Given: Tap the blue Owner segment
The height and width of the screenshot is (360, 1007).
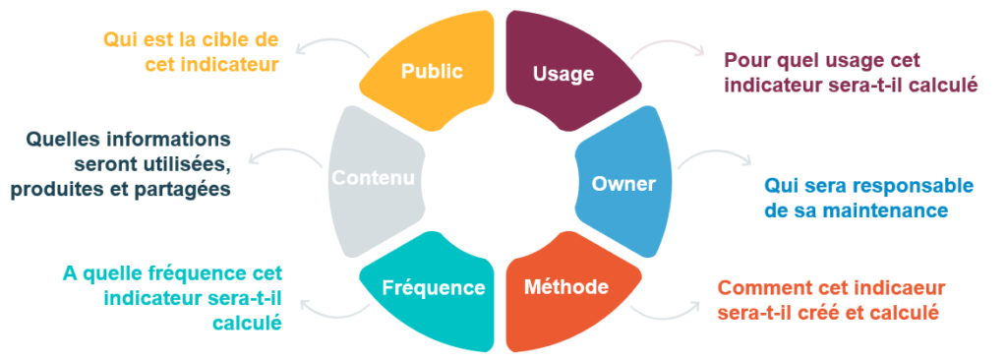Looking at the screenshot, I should [623, 182].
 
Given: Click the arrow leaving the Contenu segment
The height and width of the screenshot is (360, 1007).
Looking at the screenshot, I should [280, 157].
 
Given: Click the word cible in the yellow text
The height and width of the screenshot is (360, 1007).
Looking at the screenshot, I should [221, 40].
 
